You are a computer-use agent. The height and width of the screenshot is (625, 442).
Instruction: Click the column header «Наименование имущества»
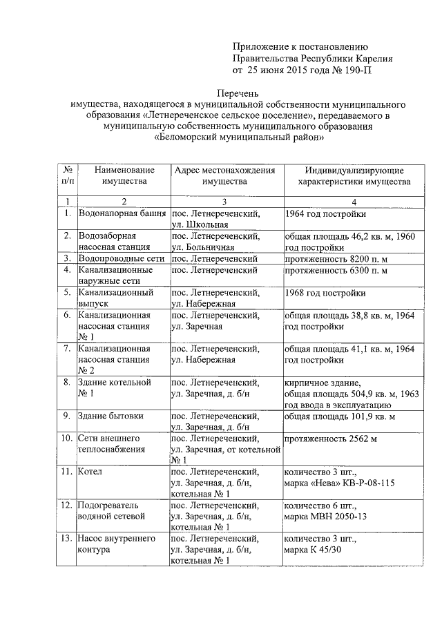tap(124, 175)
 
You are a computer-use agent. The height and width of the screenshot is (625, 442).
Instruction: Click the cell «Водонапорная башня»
tap(122, 213)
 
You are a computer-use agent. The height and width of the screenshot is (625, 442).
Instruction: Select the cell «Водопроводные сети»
tap(121, 258)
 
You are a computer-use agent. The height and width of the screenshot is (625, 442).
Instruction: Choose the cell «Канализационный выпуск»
tap(115, 298)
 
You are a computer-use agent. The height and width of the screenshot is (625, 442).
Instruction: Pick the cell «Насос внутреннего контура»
tap(116, 544)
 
